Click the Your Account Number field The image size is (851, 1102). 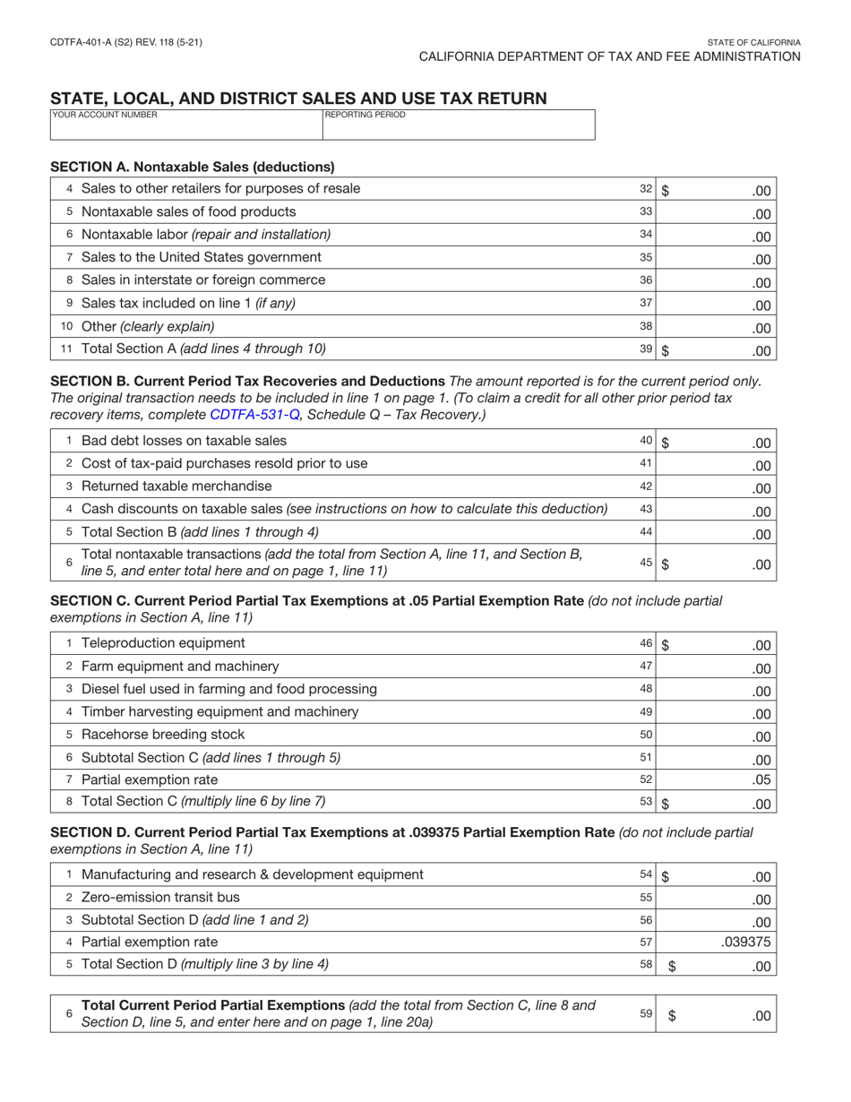tap(185, 125)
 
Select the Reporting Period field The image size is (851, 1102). tap(458, 125)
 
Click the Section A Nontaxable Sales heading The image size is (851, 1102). tap(193, 167)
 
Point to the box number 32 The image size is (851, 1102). tap(646, 189)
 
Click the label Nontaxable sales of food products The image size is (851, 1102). tap(188, 211)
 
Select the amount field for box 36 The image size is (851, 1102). tap(716, 281)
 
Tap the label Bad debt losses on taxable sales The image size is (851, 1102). tap(184, 440)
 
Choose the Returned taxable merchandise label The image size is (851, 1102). tap(176, 486)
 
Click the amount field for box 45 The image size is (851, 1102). tap(716, 564)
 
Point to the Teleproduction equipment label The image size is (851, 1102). tap(163, 643)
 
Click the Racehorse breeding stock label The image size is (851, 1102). tap(163, 734)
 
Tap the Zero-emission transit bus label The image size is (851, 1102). tap(160, 897)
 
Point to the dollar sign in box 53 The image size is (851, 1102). tap(666, 804)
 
